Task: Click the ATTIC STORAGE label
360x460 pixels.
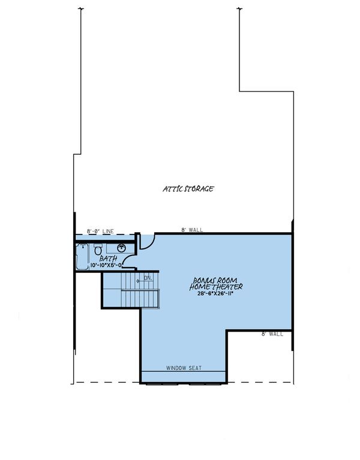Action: tap(188, 189)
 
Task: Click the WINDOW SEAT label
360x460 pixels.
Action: tap(183, 367)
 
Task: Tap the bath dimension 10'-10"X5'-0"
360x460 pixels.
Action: tap(106, 265)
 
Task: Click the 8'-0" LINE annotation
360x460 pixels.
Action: tap(100, 231)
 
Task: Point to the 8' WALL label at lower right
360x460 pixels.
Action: tap(272, 334)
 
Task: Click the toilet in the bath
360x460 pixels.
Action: tap(98, 249)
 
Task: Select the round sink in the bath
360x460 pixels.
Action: tap(121, 248)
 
